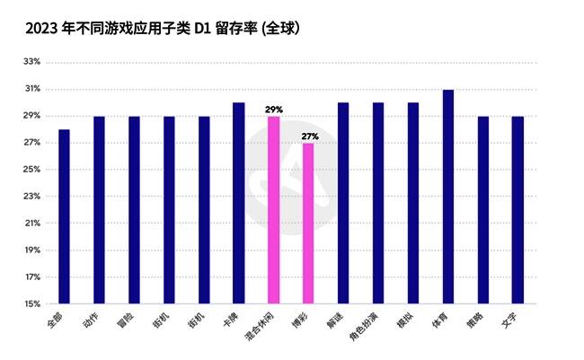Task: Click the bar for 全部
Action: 64,216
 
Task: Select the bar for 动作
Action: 99,210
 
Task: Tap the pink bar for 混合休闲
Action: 273,210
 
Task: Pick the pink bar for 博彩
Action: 308,224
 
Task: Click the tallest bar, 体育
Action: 448,197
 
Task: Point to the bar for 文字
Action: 518,210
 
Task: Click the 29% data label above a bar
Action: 273,110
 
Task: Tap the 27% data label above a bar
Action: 309,136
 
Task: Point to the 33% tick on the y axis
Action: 31,62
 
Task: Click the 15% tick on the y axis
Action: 31,303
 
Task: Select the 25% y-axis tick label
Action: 31,170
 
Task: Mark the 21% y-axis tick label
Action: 31,224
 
